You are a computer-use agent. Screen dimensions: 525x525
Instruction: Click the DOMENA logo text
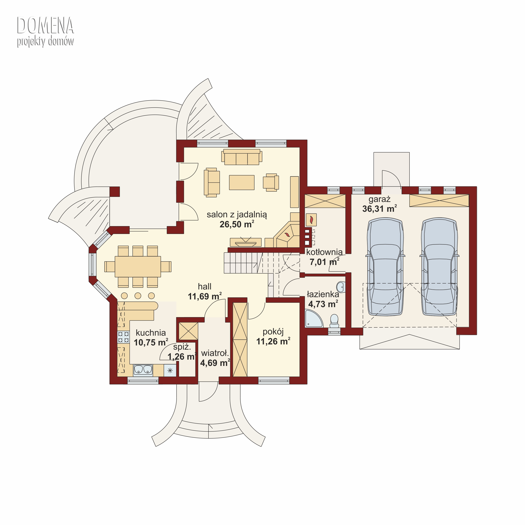[45, 25]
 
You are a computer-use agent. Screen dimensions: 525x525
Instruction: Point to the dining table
[138, 267]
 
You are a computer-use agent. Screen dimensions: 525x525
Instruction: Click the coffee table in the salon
[241, 182]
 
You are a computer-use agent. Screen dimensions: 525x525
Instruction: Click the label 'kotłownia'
[324, 252]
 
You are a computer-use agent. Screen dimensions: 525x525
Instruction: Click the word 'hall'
[205, 286]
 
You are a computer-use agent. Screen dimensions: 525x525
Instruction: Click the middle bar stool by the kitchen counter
[138, 296]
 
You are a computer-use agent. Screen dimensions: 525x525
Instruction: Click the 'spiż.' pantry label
[182, 347]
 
